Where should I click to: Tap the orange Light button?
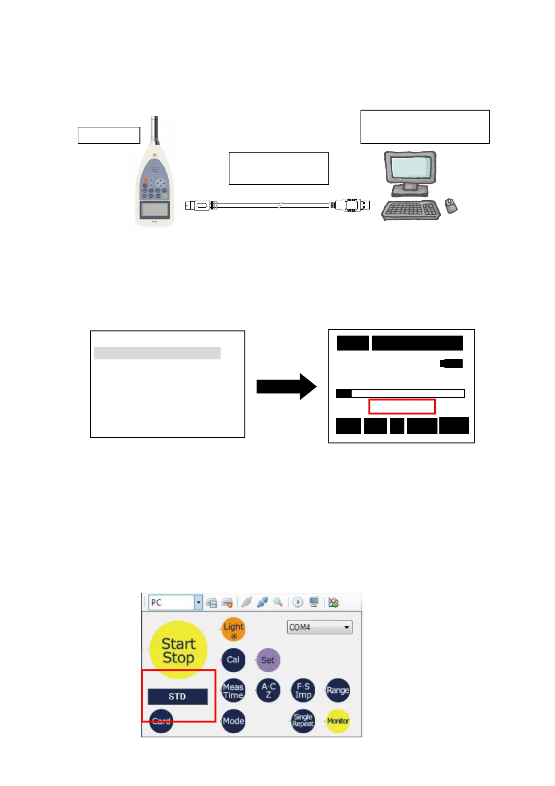233,629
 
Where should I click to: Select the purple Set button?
268,660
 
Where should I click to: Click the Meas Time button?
233,690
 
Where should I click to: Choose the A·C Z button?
269,690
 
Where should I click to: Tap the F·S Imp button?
303,690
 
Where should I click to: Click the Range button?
338,690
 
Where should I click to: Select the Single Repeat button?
303,721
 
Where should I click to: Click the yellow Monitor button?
338,721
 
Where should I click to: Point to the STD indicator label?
177,696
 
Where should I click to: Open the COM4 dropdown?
319,627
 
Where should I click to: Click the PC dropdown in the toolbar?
175,602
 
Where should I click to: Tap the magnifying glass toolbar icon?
278,602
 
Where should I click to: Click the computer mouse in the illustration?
451,205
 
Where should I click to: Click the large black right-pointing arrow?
286,386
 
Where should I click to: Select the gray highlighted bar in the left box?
157,353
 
